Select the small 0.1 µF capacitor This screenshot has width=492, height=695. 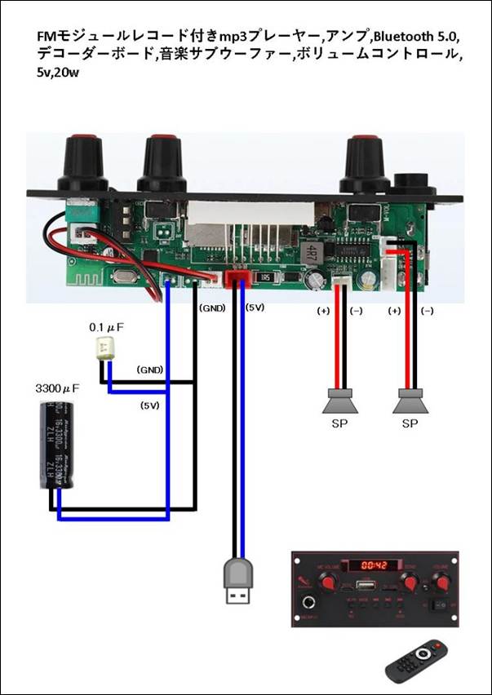pyautogui.click(x=104, y=349)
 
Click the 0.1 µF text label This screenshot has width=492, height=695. pyautogui.click(x=106, y=327)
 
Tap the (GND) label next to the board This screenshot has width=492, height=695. pyautogui.click(x=212, y=308)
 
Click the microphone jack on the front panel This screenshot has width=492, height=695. pyautogui.click(x=311, y=604)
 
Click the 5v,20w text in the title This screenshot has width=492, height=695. pyautogui.click(x=62, y=72)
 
